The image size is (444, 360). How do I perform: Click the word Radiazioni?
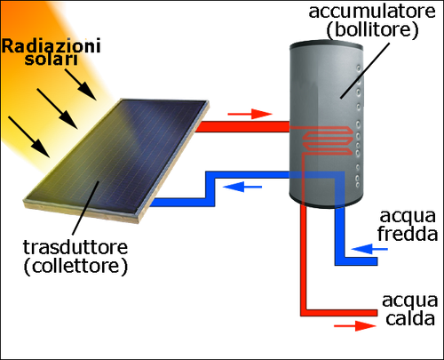pyautogui.click(x=52, y=47)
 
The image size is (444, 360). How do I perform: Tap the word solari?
pyautogui.click(x=52, y=59)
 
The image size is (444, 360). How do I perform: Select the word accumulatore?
pyautogui.click(x=372, y=12)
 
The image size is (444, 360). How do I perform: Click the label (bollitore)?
pyautogui.click(x=372, y=30)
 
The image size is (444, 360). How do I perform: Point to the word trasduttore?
pyautogui.click(x=75, y=247)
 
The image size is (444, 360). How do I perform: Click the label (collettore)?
pyautogui.click(x=75, y=267)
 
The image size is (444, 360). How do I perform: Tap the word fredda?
pyautogui.click(x=408, y=233)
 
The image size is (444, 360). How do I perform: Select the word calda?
pyautogui.click(x=410, y=318)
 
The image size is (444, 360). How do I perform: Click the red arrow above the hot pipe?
pyautogui.click(x=250, y=114)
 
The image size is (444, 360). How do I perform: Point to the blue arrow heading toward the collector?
pyautogui.click(x=242, y=187)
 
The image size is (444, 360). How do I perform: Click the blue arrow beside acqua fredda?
pyautogui.click(x=369, y=249)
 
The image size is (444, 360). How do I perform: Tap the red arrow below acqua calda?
pyautogui.click(x=355, y=326)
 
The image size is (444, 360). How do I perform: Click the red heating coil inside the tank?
pyautogui.click(x=327, y=141)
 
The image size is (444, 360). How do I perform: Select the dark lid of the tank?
pyautogui.click(x=326, y=47)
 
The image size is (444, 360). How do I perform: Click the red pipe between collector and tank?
pyautogui.click(x=242, y=126)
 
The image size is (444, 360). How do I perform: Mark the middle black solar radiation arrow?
pyautogui.click(x=58, y=108)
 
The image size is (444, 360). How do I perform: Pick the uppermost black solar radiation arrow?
pyautogui.click(x=81, y=84)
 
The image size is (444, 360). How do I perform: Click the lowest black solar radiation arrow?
pyautogui.click(x=29, y=137)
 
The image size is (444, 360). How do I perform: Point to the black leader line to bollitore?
pyautogui.click(x=364, y=70)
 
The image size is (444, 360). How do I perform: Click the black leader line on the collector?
pyautogui.click(x=86, y=207)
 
